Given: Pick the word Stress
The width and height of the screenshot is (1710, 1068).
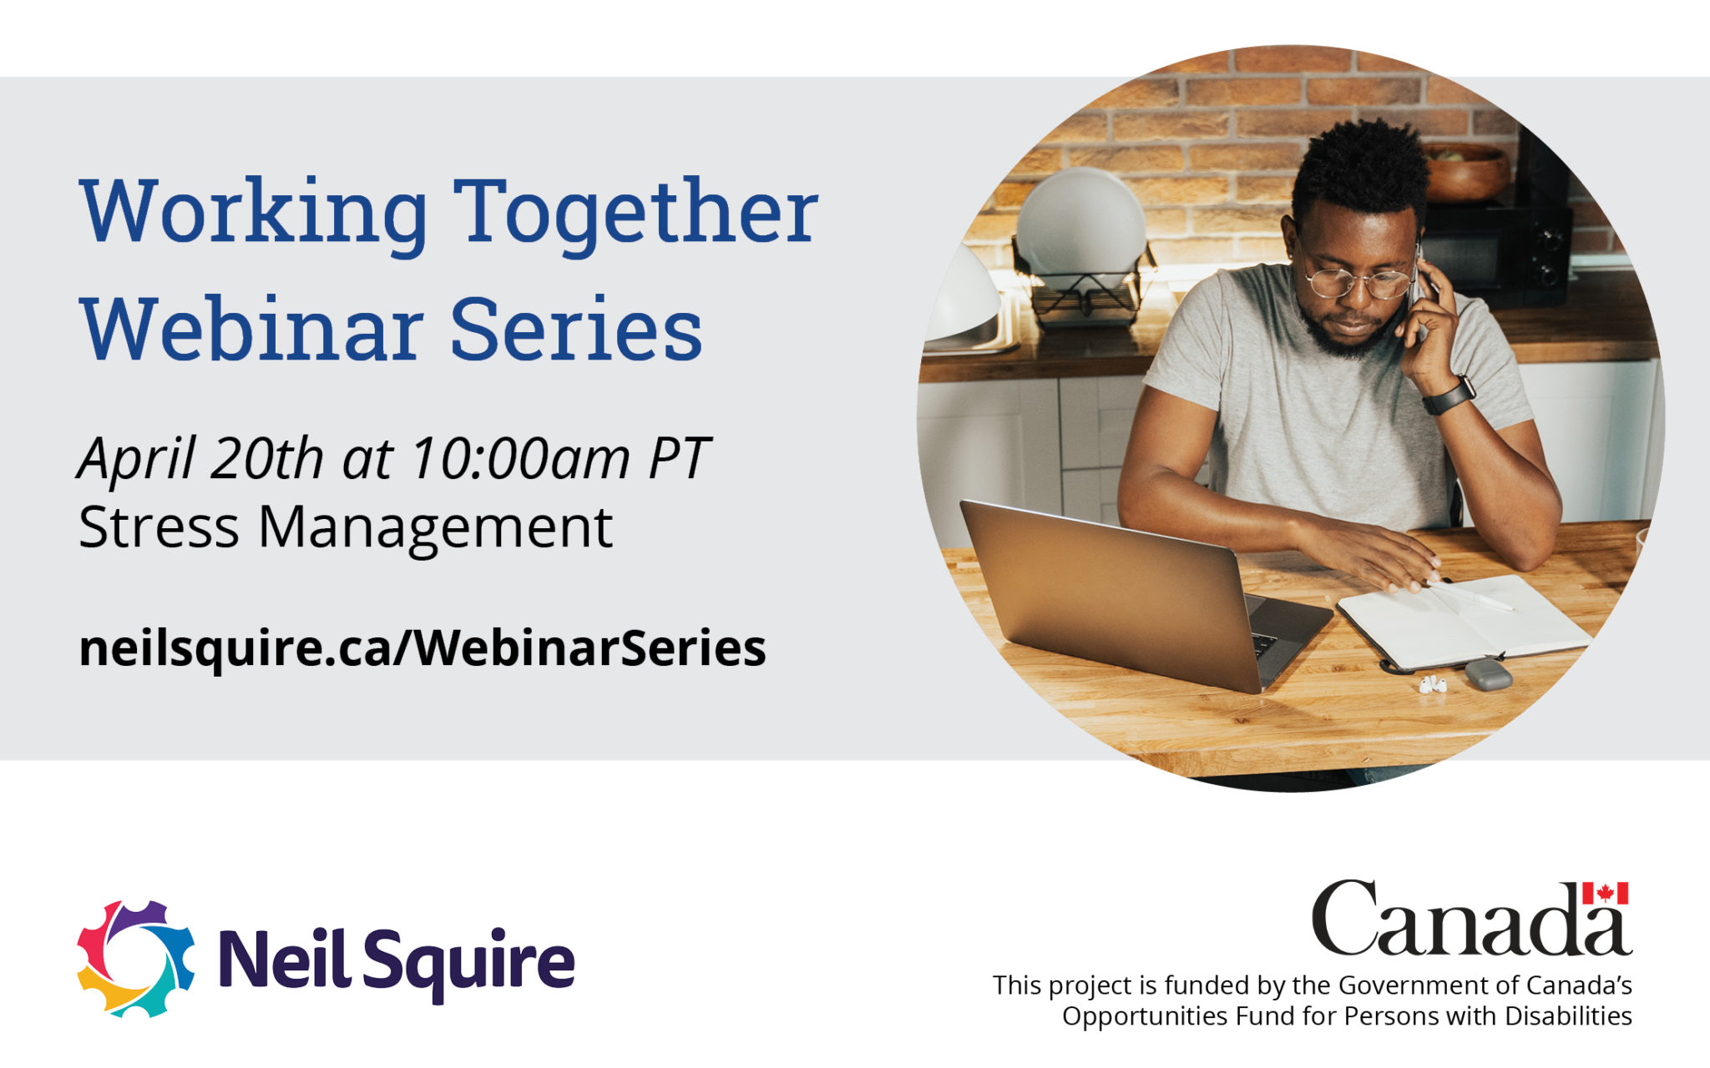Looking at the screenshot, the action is point(159,527).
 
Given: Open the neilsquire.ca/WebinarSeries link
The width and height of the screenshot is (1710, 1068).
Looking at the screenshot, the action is point(422,648).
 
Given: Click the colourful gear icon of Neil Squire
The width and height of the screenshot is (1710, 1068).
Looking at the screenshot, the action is point(135,959).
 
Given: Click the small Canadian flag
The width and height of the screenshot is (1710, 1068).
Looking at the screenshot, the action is point(1605,894).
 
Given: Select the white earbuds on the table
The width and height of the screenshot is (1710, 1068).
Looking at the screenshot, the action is point(1433,685).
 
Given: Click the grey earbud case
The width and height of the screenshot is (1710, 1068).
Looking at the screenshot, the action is point(1488,674).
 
